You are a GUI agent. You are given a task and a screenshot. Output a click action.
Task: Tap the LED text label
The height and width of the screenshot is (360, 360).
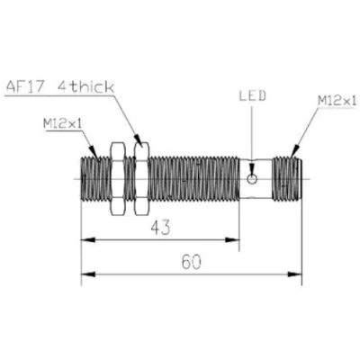coord(251,95)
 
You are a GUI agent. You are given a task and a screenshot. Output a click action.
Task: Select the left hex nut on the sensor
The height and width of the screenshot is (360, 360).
coord(116,178)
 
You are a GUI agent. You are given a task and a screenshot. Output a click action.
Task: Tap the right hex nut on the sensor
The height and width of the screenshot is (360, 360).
coord(139,178)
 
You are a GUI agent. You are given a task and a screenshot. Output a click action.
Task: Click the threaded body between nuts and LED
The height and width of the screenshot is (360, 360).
coord(193,178)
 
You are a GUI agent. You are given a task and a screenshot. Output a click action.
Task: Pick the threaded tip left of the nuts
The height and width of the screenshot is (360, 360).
coord(94,178)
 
